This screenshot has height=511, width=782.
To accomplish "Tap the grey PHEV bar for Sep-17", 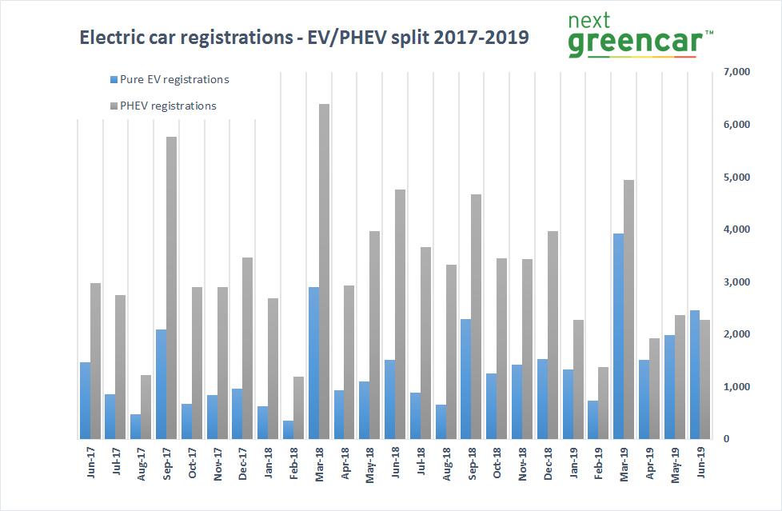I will pos(171,288).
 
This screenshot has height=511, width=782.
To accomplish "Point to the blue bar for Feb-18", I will pos(288,429).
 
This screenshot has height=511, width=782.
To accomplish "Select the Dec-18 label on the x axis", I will pos(549,465).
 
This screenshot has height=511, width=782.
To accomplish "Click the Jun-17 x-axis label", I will pos(90,465).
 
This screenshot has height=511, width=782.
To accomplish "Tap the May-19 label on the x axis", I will pos(676,465).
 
